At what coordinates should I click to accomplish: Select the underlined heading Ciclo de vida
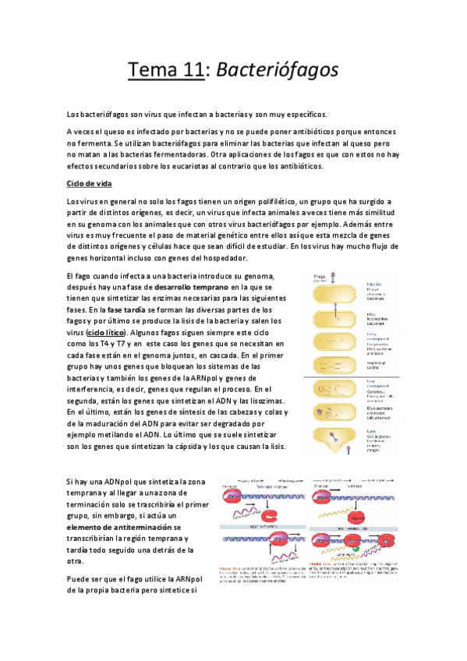pos(90,183)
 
